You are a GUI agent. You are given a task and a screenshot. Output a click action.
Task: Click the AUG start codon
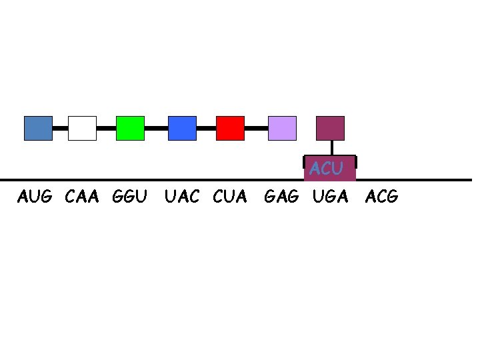(35, 197)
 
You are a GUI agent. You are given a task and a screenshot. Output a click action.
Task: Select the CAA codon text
(82, 197)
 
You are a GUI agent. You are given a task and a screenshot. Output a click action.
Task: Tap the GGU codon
(130, 197)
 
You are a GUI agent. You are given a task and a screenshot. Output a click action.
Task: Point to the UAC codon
(181, 197)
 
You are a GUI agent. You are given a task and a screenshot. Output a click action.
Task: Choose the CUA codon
(230, 197)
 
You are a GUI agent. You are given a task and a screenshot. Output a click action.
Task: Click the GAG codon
(281, 197)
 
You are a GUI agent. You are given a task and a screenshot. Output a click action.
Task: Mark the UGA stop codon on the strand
(331, 197)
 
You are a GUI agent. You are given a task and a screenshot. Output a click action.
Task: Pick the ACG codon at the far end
(381, 197)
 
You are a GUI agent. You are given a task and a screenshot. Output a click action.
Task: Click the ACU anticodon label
(326, 169)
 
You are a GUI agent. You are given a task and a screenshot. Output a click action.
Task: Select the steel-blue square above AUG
(38, 128)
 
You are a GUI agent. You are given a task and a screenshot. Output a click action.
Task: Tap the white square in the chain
(82, 128)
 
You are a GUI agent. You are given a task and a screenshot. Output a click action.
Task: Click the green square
(130, 128)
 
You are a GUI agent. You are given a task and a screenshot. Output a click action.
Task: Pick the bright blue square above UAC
(182, 128)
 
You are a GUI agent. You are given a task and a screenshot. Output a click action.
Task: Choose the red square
(230, 128)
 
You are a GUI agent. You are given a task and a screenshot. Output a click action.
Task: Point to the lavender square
(282, 128)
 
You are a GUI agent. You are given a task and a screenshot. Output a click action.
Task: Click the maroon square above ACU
(330, 128)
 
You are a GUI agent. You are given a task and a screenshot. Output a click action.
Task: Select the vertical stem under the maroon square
(331, 148)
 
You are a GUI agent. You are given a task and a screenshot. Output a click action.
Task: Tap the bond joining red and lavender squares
(256, 127)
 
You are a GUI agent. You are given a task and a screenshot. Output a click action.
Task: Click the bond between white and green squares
(106, 127)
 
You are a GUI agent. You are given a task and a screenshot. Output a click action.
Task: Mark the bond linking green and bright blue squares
(156, 127)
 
